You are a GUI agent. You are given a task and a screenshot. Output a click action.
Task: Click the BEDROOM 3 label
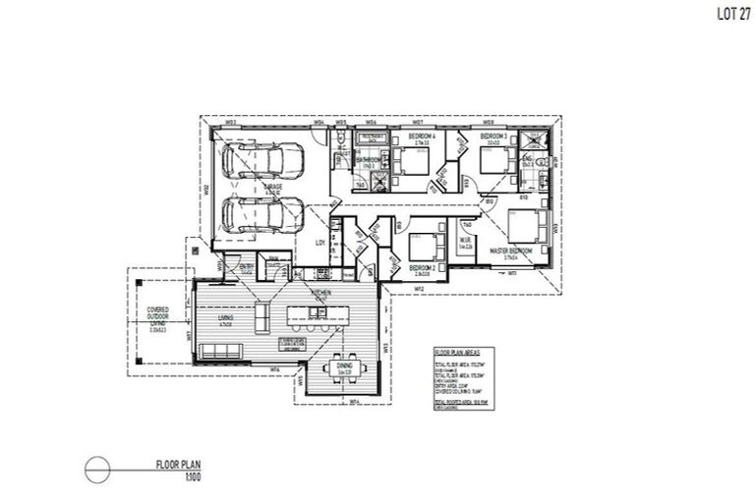pyautogui.click(x=493, y=136)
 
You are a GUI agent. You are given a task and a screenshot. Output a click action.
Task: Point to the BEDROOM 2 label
pyautogui.click(x=423, y=267)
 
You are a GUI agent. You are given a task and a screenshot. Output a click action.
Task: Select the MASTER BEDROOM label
pyautogui.click(x=511, y=251)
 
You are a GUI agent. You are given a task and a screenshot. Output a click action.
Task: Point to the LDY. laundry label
pyautogui.click(x=319, y=241)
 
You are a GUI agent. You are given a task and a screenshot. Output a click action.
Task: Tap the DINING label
pyautogui.click(x=344, y=370)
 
